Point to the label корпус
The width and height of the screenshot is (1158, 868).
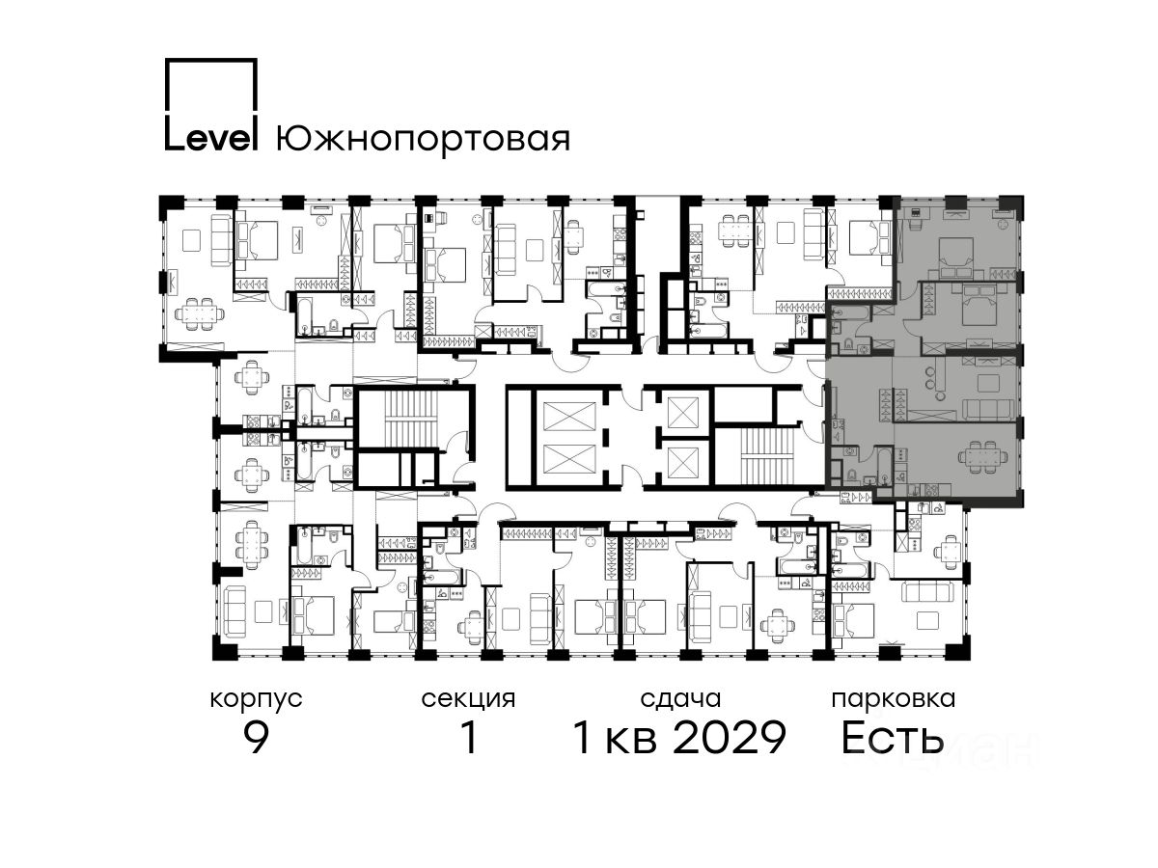(256, 700)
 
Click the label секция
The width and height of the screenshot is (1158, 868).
(468, 700)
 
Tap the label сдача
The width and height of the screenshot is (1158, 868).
(680, 699)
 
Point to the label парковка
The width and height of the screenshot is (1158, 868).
(894, 699)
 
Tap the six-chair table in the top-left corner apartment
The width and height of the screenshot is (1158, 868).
(200, 314)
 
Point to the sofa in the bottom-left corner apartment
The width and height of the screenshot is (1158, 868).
(234, 611)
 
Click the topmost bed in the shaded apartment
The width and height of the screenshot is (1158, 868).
(957, 257)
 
